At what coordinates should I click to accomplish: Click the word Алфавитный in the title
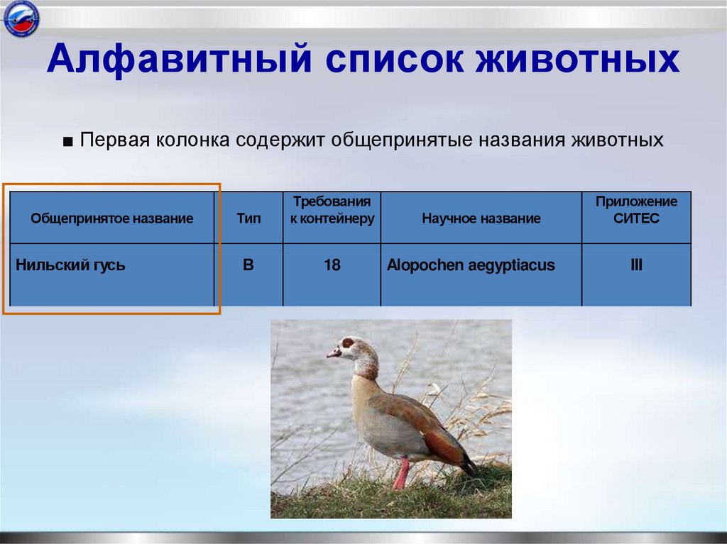point(178,60)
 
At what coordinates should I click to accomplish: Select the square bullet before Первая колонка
point(67,141)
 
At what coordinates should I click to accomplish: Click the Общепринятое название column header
point(111,218)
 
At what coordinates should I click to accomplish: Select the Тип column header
point(248,218)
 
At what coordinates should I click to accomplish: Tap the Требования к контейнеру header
point(332,210)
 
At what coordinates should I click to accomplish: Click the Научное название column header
point(481,218)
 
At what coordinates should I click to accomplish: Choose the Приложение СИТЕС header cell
point(636,210)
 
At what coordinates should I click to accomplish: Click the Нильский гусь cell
point(71,266)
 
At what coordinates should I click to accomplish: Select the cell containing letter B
point(248,266)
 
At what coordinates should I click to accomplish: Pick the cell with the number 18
point(332,266)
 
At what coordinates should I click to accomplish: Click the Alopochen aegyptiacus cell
point(471,266)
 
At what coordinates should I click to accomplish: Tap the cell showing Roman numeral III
point(636,266)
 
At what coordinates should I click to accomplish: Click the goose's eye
point(348,343)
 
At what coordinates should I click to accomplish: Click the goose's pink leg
point(401,473)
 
